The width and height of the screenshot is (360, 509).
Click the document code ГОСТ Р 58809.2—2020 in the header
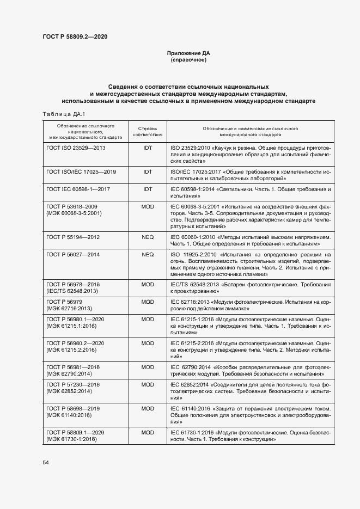75,36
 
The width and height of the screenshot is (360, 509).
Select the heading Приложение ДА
188,53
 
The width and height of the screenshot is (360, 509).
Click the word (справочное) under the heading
188,60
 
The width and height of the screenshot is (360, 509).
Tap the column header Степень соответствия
148,130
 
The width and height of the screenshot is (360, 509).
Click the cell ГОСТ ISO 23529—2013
76,148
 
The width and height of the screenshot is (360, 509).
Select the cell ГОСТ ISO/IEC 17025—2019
82,171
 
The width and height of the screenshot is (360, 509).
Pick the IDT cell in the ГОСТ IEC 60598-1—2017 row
148,189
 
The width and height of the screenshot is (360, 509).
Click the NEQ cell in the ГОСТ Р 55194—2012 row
148,237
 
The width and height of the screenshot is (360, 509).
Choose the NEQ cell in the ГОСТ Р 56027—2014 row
148,254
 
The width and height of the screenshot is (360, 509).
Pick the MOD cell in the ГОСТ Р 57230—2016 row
148,384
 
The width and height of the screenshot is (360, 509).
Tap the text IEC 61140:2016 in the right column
191,408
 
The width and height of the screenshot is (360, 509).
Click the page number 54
46,462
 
